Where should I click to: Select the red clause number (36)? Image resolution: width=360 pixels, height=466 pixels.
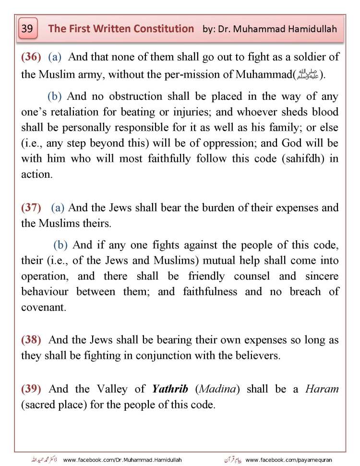31,57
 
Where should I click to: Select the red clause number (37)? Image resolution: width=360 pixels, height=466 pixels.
31,208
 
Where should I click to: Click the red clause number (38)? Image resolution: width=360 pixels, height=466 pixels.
31,340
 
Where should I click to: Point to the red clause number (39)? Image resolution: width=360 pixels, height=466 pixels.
31,389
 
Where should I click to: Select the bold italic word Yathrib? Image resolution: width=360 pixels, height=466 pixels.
171,389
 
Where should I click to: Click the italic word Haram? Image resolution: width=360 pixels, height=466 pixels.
322,389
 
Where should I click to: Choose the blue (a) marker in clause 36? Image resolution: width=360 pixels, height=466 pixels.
55,57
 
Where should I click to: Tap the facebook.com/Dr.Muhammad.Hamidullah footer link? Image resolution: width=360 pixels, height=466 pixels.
122,460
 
